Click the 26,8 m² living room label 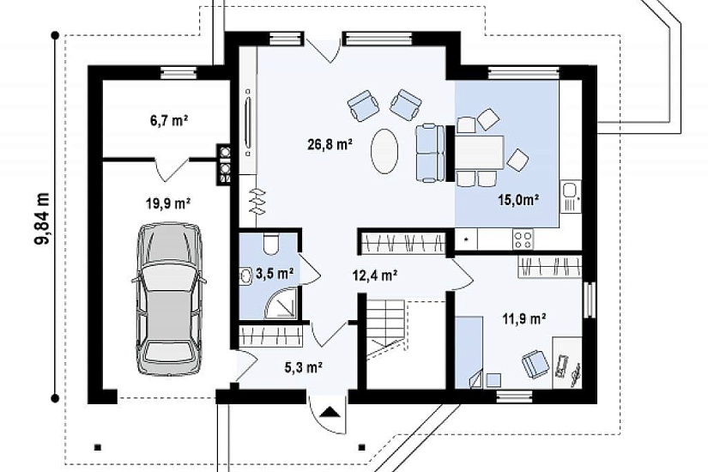(x=330, y=144)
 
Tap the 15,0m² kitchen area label (x=519, y=199)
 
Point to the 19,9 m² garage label (x=168, y=203)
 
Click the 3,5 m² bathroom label (x=275, y=273)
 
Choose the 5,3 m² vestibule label (x=303, y=367)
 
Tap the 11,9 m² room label (x=524, y=319)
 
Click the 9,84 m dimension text (x=43, y=218)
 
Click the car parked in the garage (x=168, y=299)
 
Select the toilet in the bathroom (x=272, y=244)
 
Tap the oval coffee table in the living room (x=384, y=151)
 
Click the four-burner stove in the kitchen (x=523, y=239)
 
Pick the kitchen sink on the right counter (x=570, y=197)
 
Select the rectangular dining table (x=479, y=152)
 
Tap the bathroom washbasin (x=246, y=275)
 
